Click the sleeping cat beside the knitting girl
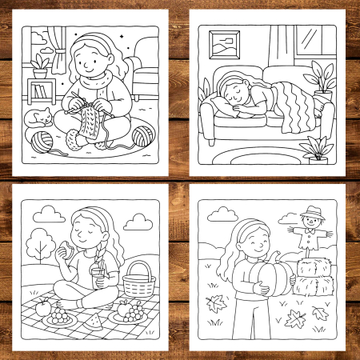point(37,119)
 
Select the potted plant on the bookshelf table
point(40,63)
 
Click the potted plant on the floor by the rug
point(318,149)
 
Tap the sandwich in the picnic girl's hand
point(67,249)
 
